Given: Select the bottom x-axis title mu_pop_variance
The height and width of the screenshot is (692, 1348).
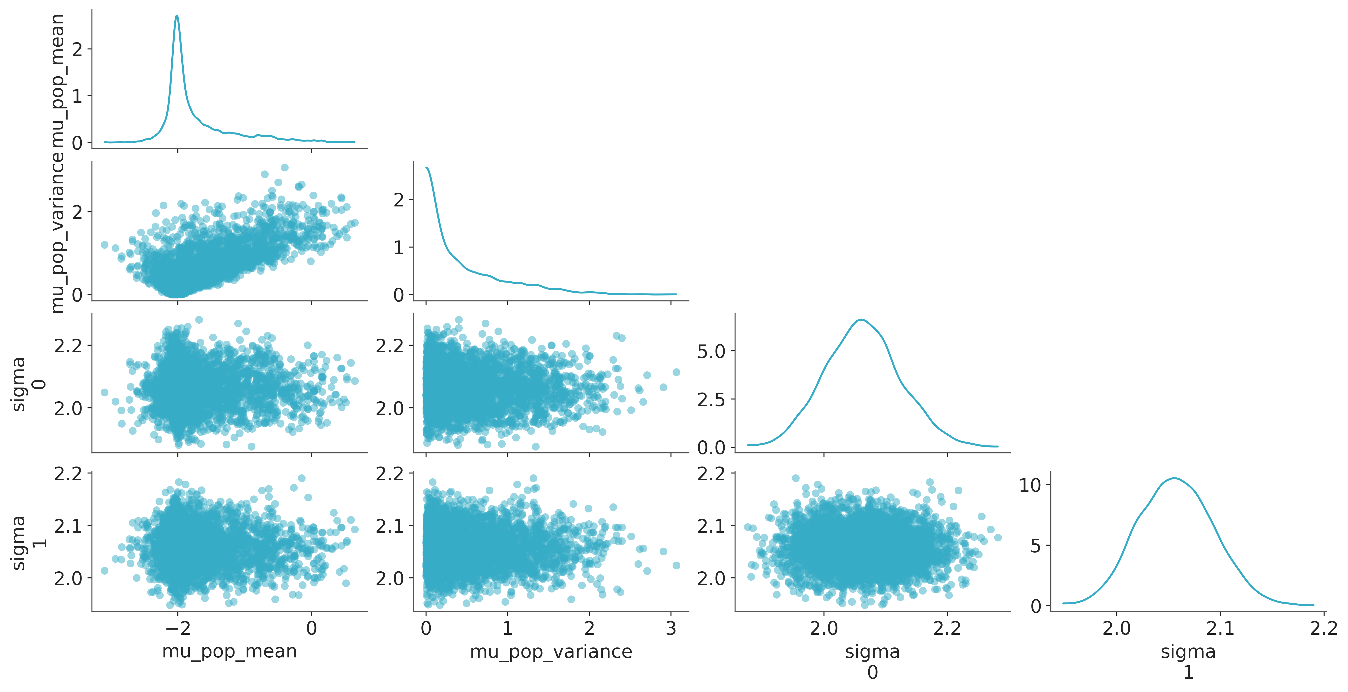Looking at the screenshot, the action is [551, 652].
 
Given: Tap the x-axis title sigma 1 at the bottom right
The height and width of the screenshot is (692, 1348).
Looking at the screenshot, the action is [1188, 662].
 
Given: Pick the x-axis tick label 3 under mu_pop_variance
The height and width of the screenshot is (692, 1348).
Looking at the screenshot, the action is [671, 628].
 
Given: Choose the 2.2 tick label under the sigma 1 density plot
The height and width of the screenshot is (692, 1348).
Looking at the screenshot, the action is [1324, 628].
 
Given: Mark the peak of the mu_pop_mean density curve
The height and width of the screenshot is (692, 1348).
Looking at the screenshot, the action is [177, 16].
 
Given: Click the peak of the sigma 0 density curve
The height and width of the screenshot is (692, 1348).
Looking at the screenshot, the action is [861, 320].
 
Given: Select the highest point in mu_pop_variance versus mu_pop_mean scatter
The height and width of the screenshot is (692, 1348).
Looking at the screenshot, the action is [285, 167].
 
